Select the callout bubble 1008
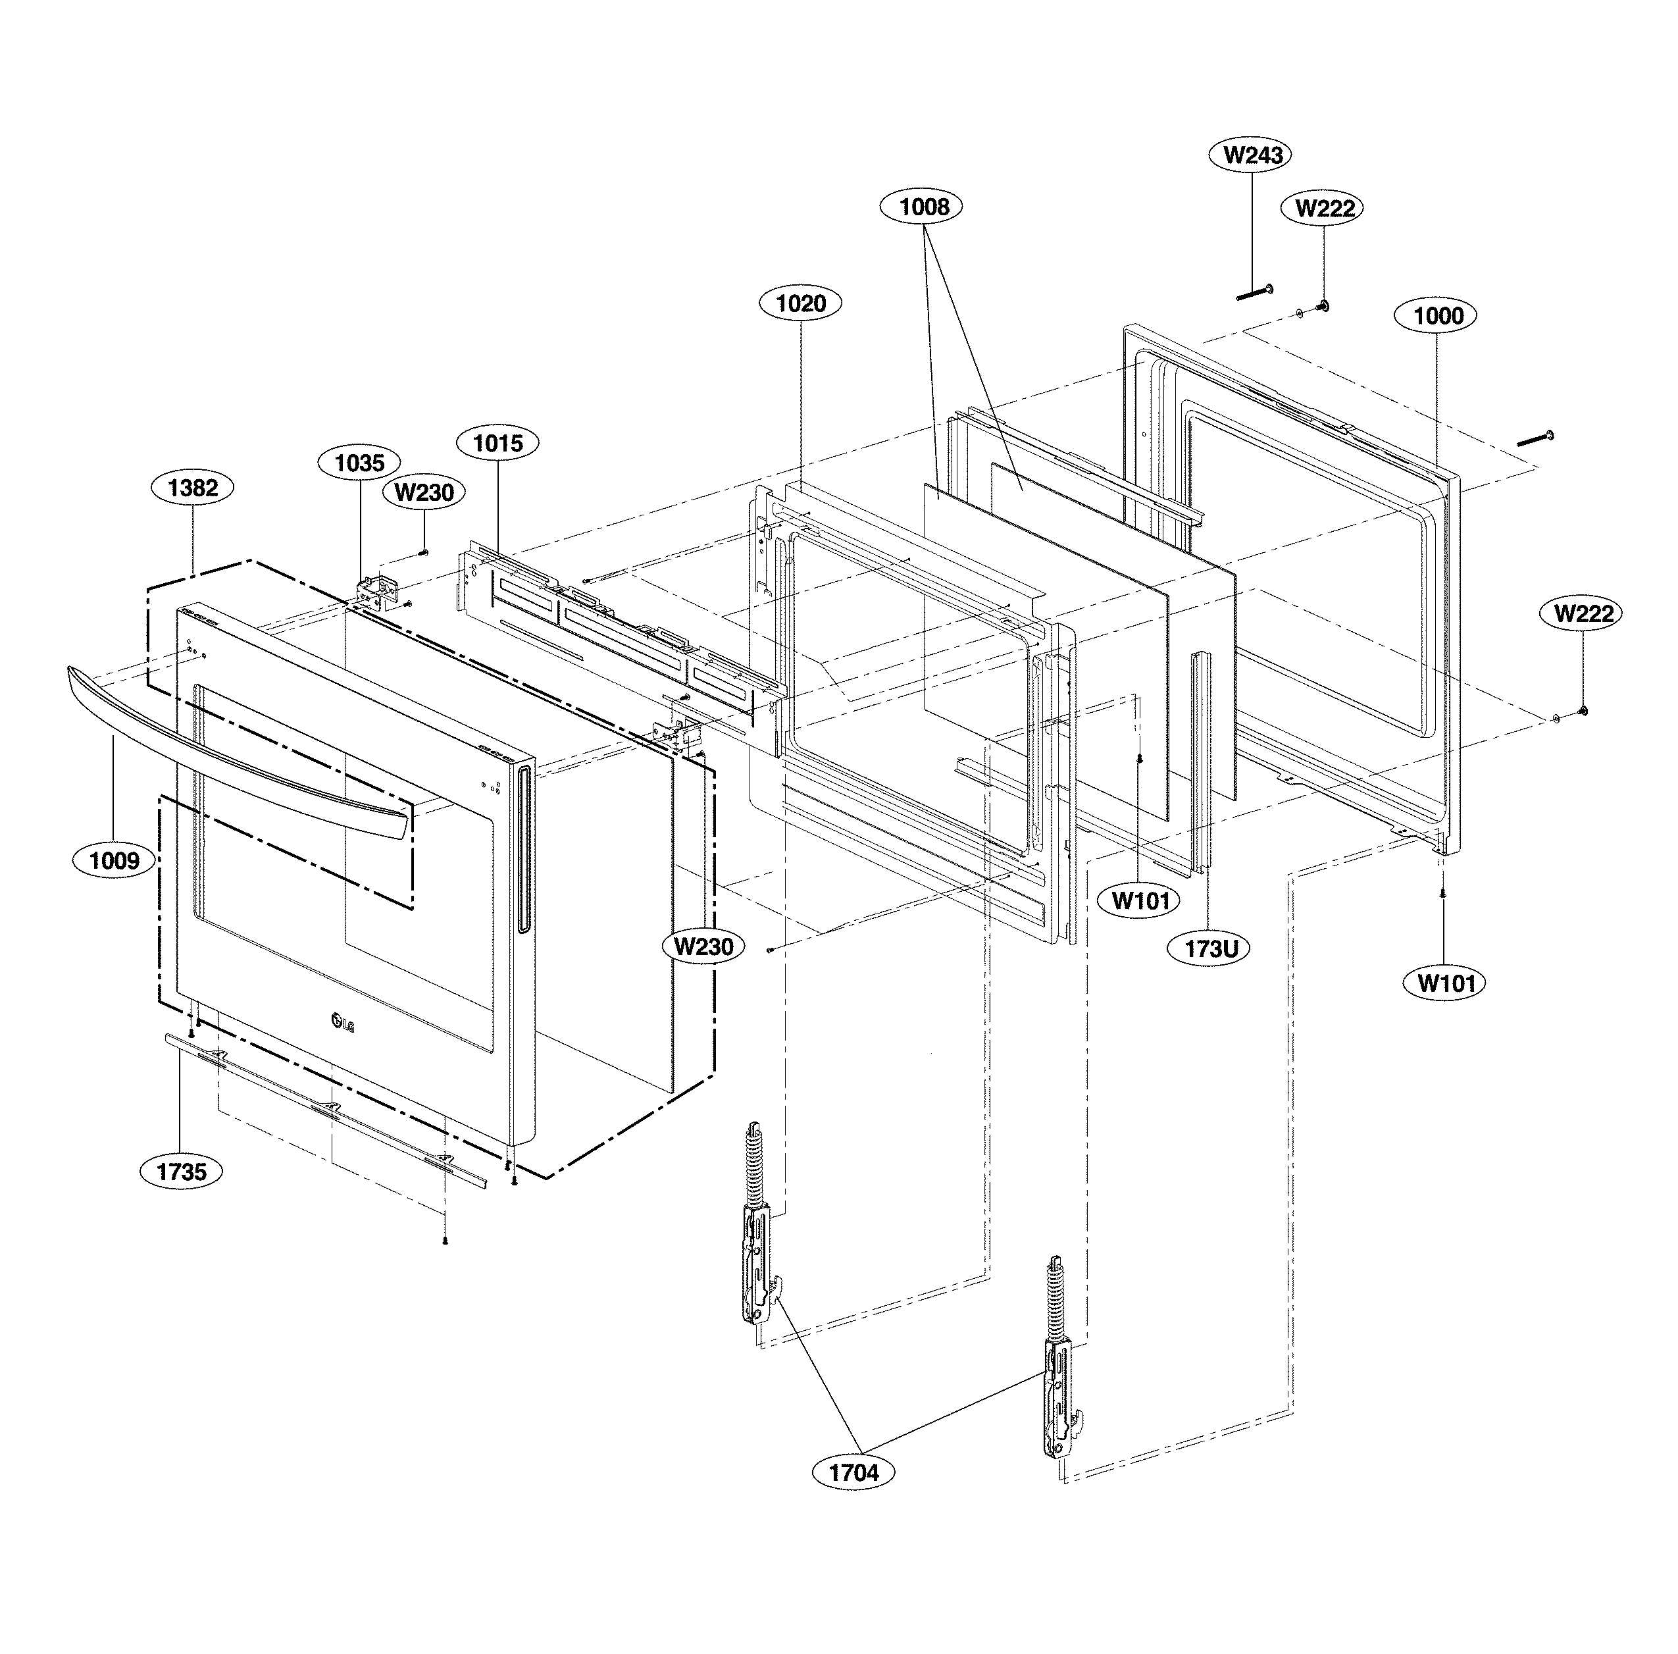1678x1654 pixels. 924,207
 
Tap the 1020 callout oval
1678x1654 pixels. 800,303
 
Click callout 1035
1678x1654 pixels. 359,462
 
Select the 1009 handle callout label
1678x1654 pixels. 114,860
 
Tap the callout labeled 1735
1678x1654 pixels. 182,1172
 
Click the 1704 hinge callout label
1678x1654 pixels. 853,1472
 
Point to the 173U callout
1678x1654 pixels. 1211,948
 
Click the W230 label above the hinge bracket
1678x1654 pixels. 424,492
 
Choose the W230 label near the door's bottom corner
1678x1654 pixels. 703,946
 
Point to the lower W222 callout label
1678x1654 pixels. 1583,613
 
